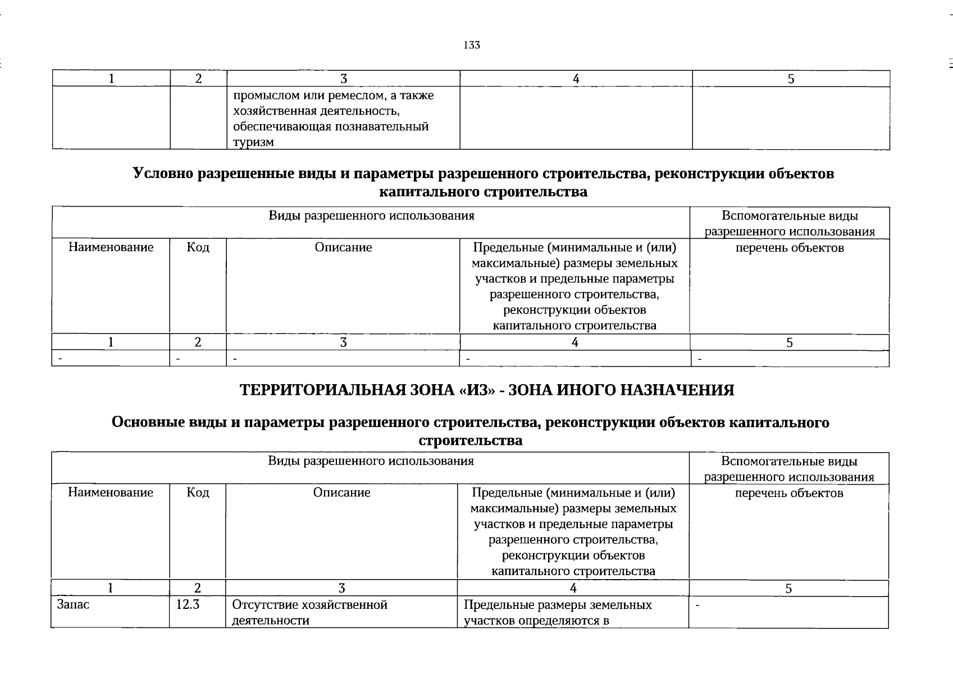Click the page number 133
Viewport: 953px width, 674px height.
click(x=472, y=45)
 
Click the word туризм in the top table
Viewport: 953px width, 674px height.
click(x=253, y=142)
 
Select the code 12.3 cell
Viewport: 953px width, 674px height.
click(x=188, y=605)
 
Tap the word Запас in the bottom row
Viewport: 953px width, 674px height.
click(x=73, y=605)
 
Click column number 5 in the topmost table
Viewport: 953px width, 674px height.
click(x=791, y=79)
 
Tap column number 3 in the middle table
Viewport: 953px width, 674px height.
click(x=343, y=342)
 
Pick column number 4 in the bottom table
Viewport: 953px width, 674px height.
click(x=573, y=588)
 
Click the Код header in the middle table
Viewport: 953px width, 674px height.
click(x=198, y=248)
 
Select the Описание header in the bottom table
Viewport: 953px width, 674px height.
click(x=341, y=493)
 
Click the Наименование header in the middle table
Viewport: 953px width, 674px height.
click(x=111, y=248)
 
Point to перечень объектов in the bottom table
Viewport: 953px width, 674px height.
click(x=789, y=493)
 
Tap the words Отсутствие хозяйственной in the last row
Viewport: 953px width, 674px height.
click(x=309, y=605)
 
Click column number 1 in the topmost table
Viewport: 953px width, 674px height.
click(x=112, y=79)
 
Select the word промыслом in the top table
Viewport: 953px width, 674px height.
click(x=259, y=95)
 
